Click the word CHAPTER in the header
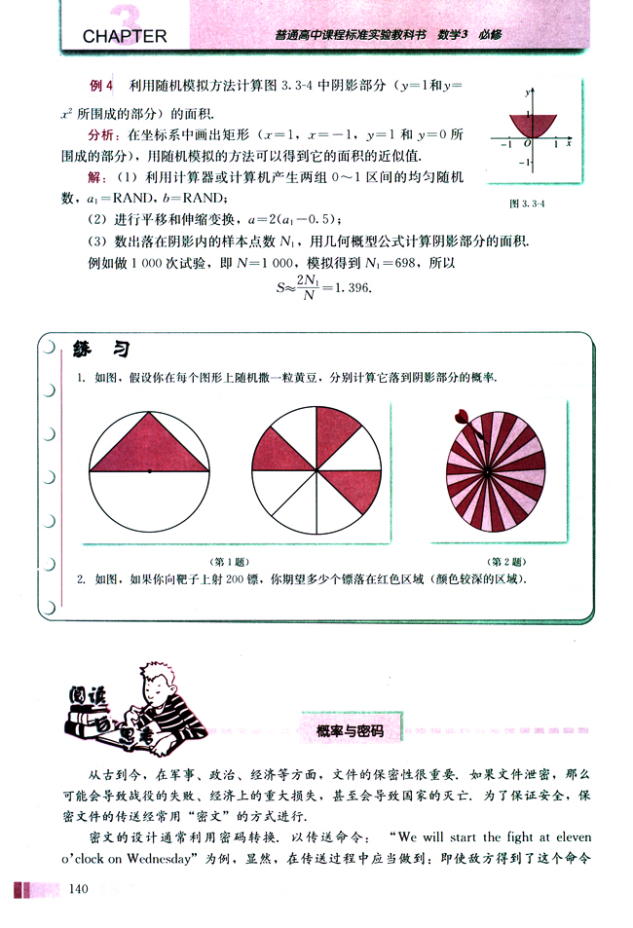125,37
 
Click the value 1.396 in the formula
351,288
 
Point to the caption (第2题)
505,562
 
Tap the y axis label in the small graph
526,92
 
